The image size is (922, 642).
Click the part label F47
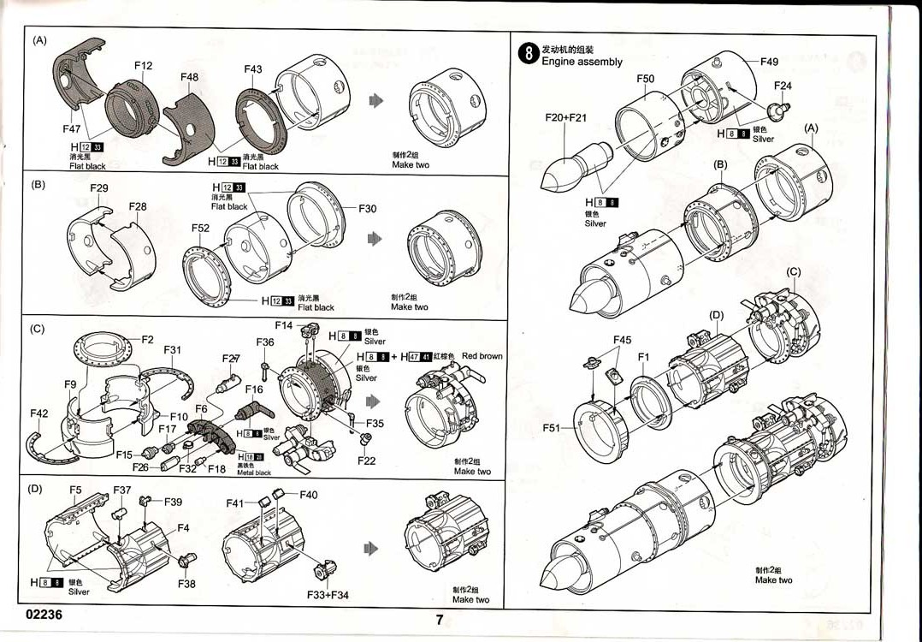(72, 128)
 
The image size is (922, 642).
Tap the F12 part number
(143, 66)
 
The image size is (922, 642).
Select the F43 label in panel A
(253, 69)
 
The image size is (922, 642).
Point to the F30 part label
(367, 208)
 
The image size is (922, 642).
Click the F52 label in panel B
(200, 229)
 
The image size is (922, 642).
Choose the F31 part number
(172, 350)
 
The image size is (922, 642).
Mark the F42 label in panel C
(39, 413)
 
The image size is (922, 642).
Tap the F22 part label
(366, 461)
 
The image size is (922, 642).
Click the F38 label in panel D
(186, 584)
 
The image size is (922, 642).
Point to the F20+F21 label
(565, 117)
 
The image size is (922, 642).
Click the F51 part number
(553, 426)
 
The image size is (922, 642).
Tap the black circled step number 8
(529, 55)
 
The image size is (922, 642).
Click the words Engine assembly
(582, 62)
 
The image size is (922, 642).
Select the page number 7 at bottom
(439, 621)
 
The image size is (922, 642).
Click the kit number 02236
(44, 615)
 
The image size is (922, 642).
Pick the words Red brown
(482, 356)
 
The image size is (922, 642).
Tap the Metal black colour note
(254, 473)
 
